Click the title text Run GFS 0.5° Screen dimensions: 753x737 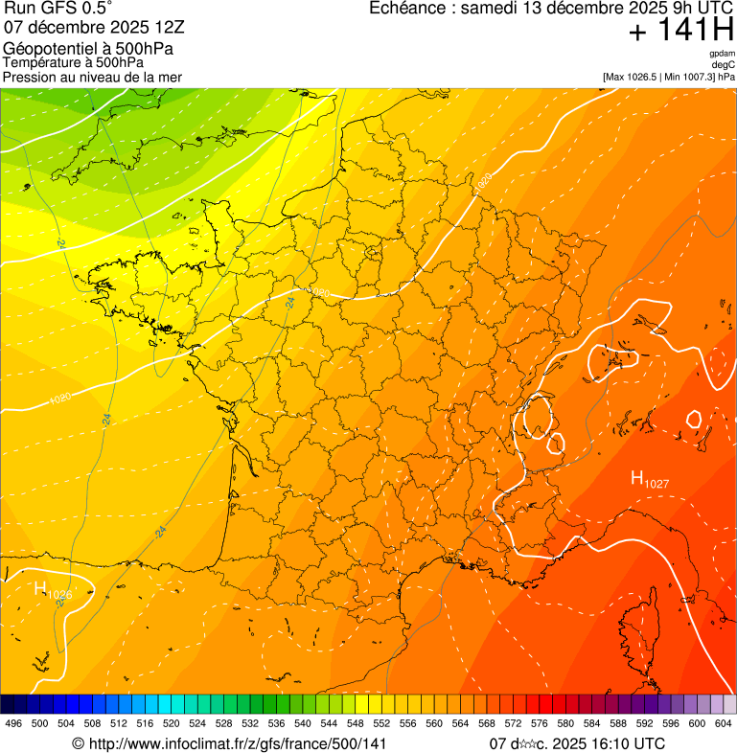point(58,9)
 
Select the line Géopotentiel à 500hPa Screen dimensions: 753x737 point(88,49)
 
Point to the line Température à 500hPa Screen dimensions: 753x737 point(73,62)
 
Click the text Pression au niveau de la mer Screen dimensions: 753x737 point(92,77)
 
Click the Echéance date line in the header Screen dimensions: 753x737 point(552,9)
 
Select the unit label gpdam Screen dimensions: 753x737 point(722,54)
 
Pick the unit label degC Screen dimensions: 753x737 point(724,64)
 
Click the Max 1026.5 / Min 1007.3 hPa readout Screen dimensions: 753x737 point(669,77)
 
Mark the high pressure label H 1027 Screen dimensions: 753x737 point(649,481)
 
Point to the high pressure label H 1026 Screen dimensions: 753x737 point(53,591)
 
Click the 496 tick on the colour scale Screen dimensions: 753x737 point(13,723)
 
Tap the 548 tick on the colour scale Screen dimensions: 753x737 point(356,723)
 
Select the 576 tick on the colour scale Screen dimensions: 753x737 point(540,723)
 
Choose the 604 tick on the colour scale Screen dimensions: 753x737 point(724,723)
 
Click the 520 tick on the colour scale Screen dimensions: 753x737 point(172,723)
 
